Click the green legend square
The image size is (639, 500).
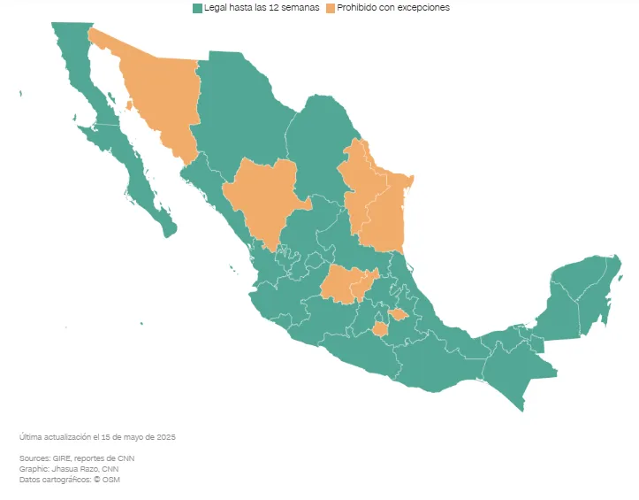(197, 8)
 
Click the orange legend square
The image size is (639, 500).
(331, 8)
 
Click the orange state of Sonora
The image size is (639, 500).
(164, 93)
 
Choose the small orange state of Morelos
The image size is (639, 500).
(380, 330)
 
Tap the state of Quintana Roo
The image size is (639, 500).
(596, 301)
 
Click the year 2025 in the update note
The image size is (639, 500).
(169, 437)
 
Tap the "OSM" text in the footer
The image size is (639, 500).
(110, 480)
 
